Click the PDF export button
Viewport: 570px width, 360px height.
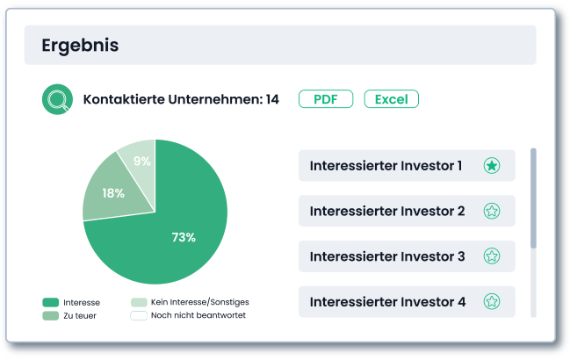[x=326, y=99]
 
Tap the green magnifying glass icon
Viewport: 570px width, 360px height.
[x=57, y=99]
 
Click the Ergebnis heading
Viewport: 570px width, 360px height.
[x=80, y=46]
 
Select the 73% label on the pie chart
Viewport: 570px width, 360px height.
[x=184, y=237]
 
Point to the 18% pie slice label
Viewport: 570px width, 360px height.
[x=113, y=193]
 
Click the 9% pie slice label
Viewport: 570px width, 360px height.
[x=141, y=161]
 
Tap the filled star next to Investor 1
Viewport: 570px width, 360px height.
[x=492, y=166]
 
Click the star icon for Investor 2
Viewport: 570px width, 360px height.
[x=492, y=211]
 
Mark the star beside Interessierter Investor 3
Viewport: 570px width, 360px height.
[x=492, y=256]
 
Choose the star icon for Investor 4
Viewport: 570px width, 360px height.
[x=492, y=301]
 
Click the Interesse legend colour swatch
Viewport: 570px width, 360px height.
[x=51, y=302]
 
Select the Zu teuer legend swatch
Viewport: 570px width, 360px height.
[x=51, y=316]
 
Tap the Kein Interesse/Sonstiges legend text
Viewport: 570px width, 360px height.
[x=200, y=302]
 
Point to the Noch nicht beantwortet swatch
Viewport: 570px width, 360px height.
[x=139, y=316]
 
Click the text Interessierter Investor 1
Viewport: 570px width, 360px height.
[x=386, y=166]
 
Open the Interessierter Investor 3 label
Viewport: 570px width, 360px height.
[x=387, y=256]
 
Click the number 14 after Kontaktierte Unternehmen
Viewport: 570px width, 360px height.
[x=272, y=99]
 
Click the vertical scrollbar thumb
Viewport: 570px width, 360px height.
[x=533, y=198]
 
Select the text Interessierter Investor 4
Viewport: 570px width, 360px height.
[x=387, y=302]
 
